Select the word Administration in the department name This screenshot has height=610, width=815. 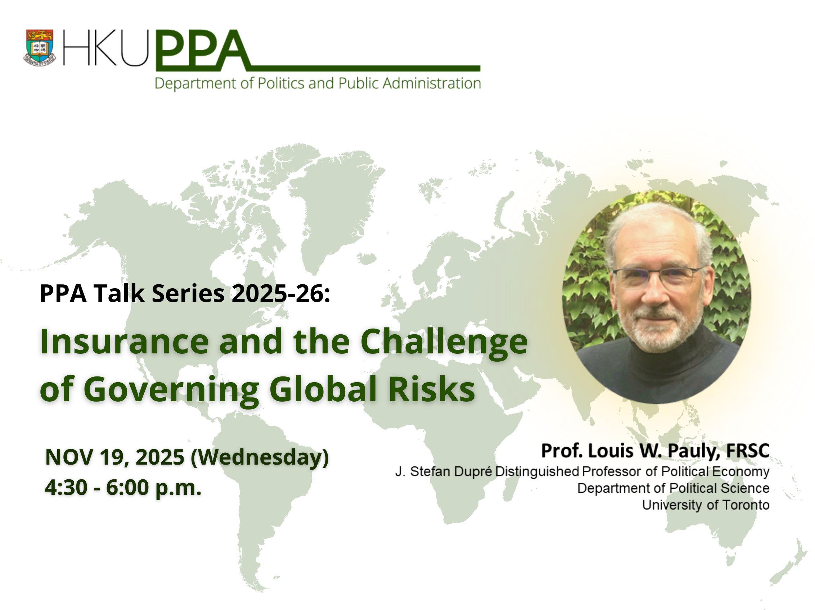[432, 83]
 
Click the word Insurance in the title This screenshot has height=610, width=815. [125, 341]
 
